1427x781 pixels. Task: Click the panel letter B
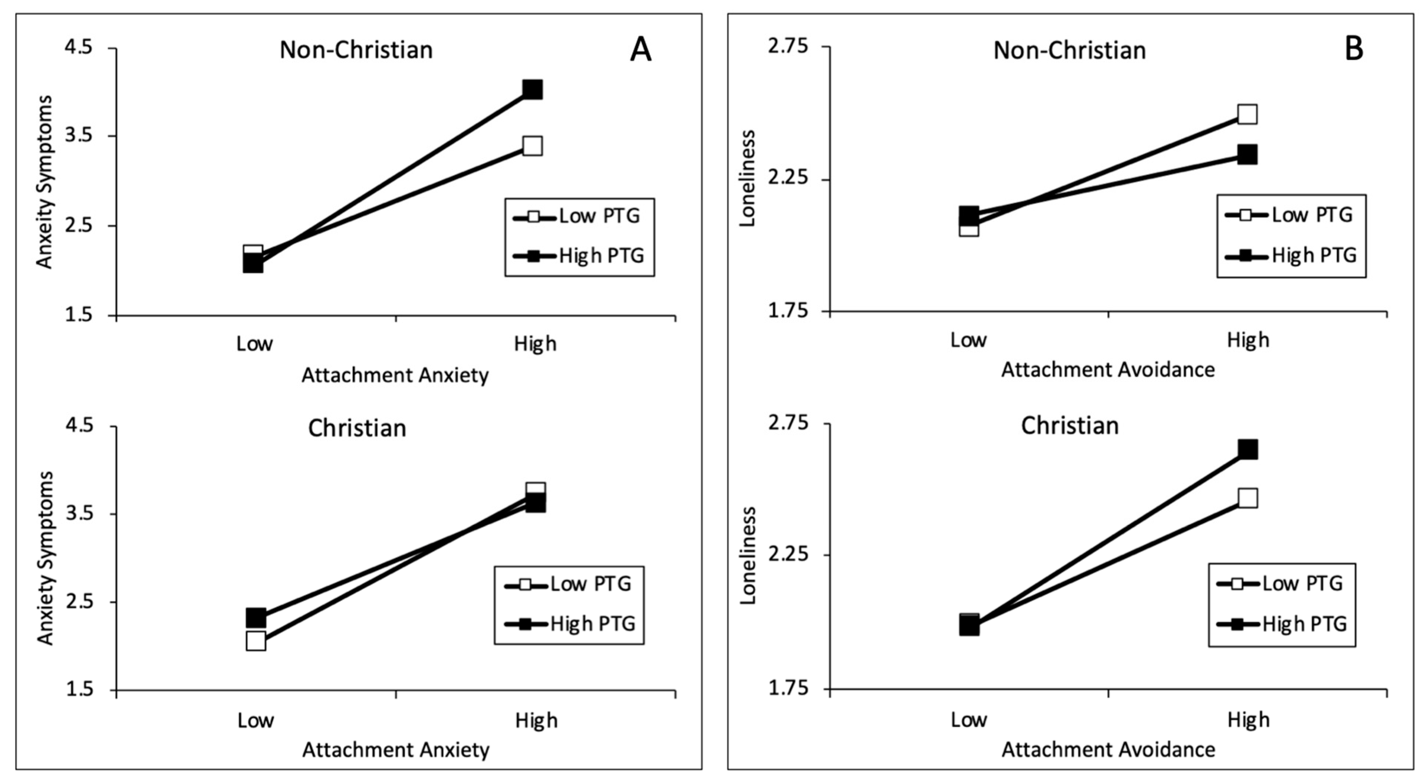tap(1354, 50)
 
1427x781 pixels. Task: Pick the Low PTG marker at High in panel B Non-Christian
tap(1247, 114)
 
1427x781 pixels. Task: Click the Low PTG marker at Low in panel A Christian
tap(256, 641)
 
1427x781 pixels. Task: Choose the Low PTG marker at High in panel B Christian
tap(1247, 498)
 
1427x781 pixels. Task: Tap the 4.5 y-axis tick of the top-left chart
tap(79, 48)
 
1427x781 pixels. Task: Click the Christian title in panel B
tap(1070, 426)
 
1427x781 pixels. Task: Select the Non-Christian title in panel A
tap(356, 50)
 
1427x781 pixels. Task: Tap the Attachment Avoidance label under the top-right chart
tap(1108, 370)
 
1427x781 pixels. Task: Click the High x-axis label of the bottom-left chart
tap(536, 721)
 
